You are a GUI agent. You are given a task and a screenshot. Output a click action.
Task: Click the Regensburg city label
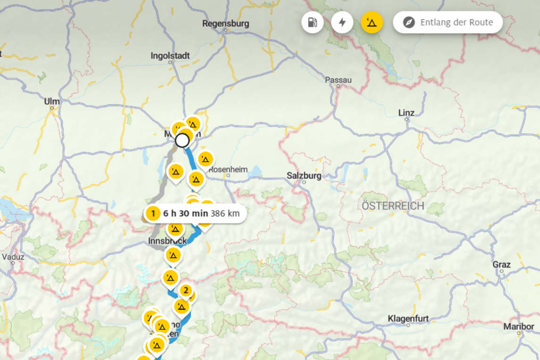pos(225,24)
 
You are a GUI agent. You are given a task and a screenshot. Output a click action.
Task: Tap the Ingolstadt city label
pos(170,56)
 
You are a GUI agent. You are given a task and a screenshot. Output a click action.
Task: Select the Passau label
pos(338,80)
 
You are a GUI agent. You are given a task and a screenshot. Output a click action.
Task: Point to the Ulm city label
pos(52,101)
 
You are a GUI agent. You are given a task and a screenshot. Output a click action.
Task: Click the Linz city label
pos(406,113)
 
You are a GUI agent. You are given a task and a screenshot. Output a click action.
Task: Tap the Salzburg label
pos(304,176)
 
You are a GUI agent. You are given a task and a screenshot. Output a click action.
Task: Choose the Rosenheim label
pos(228,169)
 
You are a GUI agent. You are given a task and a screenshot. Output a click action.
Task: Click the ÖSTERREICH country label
pos(393,206)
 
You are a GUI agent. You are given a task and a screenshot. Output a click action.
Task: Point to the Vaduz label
pos(13,257)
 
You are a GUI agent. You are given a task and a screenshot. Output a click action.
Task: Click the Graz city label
pos(501,264)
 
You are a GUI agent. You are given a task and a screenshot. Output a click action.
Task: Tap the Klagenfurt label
pos(408,319)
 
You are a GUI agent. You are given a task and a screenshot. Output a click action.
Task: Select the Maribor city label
pos(518,327)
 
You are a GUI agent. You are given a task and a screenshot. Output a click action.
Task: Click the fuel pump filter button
pos(312,23)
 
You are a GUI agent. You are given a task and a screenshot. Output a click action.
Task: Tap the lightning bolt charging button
pos(342,23)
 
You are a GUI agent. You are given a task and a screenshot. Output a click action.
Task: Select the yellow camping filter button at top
pos(372,23)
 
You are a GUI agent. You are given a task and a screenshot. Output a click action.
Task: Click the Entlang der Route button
pos(448,23)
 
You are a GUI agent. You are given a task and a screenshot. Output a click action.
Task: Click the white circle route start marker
pos(182,140)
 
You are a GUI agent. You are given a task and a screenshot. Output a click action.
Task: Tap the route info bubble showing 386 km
pos(195,213)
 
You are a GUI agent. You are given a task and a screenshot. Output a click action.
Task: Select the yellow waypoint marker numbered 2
pos(186,290)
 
